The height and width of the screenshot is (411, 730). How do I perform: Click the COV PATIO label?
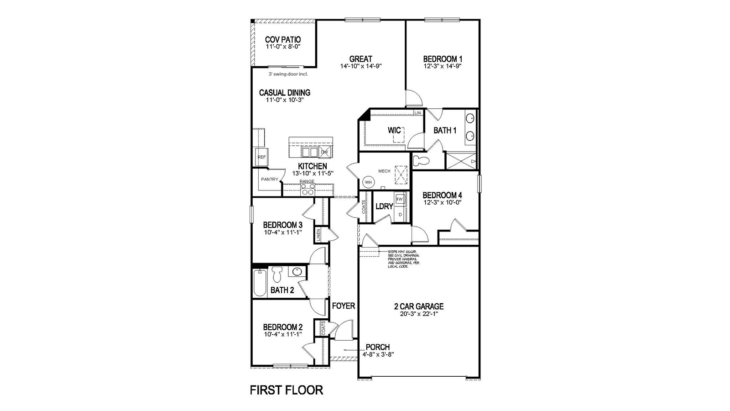coord(283,40)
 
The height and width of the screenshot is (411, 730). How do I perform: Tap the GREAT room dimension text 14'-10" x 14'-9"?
coord(360,66)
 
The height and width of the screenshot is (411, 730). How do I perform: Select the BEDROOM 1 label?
coord(443,59)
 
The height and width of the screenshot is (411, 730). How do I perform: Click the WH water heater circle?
coord(368,182)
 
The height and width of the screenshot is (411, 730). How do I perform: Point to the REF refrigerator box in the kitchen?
coord(261,157)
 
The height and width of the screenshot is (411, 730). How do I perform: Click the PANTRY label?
coord(270,179)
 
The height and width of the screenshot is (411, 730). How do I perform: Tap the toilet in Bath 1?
coord(420,160)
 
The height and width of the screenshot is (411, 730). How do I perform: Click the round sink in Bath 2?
coord(297,272)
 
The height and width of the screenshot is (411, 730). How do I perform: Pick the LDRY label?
coord(384,206)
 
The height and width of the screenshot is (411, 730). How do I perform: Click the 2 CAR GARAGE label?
coord(418,306)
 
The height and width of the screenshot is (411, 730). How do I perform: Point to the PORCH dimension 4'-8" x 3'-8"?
coord(377,354)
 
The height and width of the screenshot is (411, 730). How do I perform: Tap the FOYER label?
coord(343,306)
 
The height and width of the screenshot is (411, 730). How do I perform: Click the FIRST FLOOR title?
coord(287,390)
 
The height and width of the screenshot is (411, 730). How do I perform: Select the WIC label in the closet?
coord(394,131)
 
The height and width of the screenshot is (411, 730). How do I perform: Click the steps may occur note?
coord(403,258)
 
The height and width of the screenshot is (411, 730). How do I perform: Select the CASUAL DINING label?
coord(285,93)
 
